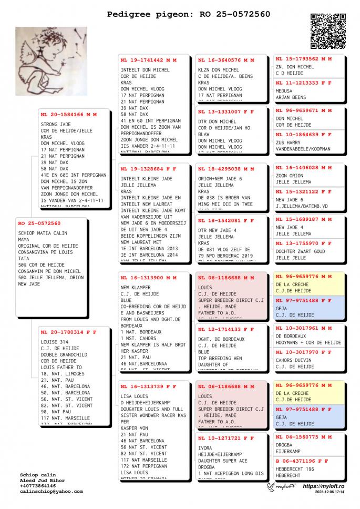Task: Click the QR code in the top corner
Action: (328, 30)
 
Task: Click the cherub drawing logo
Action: (51, 60)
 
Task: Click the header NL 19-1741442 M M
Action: (148, 60)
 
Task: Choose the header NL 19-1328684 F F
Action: (148, 169)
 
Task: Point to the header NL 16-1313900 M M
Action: (148, 278)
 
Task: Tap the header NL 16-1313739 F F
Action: (148, 386)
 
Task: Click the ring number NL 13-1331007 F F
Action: (226, 112)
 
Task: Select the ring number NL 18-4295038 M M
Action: (226, 169)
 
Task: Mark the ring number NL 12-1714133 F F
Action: (226, 329)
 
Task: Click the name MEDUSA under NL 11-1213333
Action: (284, 90)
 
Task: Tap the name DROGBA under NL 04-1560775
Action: (284, 444)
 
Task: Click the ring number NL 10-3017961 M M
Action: (304, 328)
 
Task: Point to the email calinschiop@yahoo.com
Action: (51, 492)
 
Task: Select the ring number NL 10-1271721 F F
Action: (226, 437)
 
